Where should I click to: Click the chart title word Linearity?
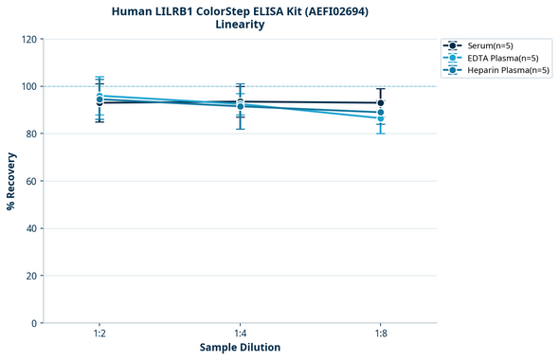(x=240, y=25)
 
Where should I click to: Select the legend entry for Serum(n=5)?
(x=490, y=45)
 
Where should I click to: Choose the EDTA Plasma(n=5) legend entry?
(x=498, y=58)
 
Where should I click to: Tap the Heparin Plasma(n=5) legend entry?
(x=503, y=70)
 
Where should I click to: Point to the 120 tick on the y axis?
(x=30, y=39)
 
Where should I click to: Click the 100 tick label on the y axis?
(x=30, y=86)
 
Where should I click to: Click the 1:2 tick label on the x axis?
(x=99, y=333)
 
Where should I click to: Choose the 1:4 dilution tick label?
(x=240, y=333)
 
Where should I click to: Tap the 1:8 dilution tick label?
(x=380, y=333)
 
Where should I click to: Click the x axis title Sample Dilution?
(x=240, y=348)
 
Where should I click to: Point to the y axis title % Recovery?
(x=11, y=181)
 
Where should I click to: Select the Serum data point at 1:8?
(x=380, y=103)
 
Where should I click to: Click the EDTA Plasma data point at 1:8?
(x=380, y=118)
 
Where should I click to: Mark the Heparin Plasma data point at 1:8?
(x=380, y=113)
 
